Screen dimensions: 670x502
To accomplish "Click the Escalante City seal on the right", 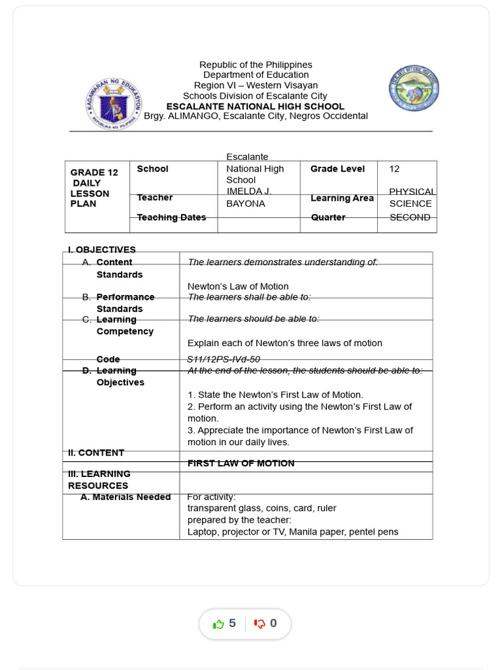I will click(x=414, y=88).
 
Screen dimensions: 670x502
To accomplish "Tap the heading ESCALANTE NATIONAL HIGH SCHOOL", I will click(x=255, y=106).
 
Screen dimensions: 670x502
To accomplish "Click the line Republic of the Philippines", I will click(x=256, y=65).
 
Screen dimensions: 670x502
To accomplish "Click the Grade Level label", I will click(x=337, y=169).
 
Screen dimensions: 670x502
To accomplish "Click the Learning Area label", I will click(x=342, y=198).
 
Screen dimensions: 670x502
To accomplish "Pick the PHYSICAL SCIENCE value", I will click(x=411, y=198).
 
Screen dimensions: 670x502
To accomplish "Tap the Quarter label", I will click(x=328, y=217).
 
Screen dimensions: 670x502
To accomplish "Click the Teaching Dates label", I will click(x=171, y=217).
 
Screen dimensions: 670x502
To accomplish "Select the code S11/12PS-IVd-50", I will click(x=224, y=359).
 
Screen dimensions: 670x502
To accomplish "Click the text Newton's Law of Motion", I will click(x=238, y=287).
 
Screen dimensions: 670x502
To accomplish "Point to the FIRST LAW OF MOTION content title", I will click(x=241, y=463).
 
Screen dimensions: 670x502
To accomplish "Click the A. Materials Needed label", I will click(x=125, y=497).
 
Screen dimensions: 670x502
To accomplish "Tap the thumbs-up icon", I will click(x=219, y=624).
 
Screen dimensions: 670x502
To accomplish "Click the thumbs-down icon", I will click(x=259, y=624).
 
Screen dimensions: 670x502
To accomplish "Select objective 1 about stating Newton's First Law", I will click(x=275, y=395).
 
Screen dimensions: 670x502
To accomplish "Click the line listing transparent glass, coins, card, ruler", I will click(x=262, y=508).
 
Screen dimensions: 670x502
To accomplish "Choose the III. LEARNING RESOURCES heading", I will click(x=99, y=480).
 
